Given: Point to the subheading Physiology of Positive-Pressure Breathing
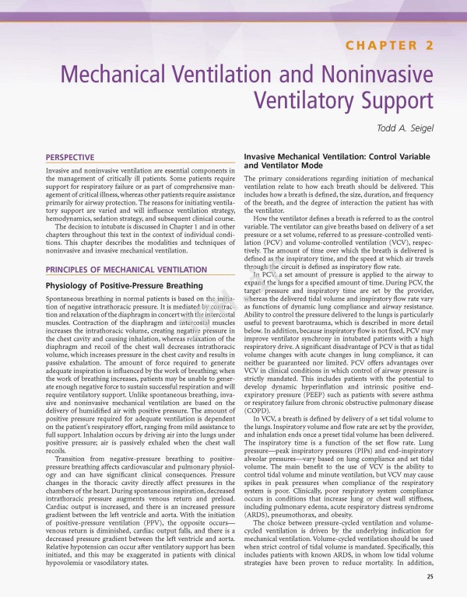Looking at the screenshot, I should pyautogui.click(x=124, y=286).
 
